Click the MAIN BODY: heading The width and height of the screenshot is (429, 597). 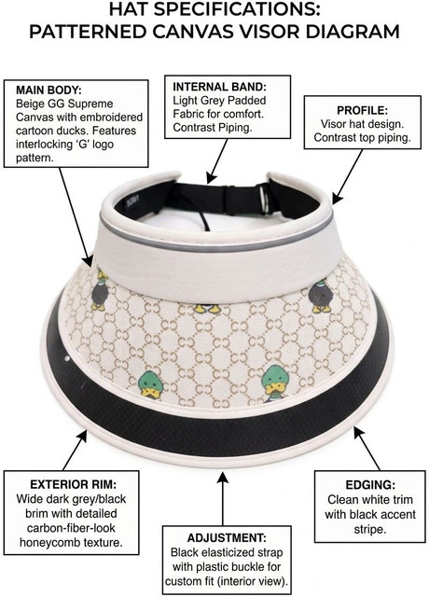48,90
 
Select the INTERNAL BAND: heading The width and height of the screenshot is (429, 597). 220,87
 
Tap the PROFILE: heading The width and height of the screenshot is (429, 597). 363,110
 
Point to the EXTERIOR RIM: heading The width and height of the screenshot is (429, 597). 73,484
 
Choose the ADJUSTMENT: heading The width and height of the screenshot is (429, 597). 227,538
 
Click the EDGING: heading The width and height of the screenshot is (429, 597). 370,485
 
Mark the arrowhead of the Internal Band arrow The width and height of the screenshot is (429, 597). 211,178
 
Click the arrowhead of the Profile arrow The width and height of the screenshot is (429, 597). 336,198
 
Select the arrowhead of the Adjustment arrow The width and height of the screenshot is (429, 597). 223,477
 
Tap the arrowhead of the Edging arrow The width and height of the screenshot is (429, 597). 358,432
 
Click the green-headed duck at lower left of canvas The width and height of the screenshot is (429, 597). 150,384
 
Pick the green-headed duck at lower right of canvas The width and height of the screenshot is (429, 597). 276,383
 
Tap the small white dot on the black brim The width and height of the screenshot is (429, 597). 67,358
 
